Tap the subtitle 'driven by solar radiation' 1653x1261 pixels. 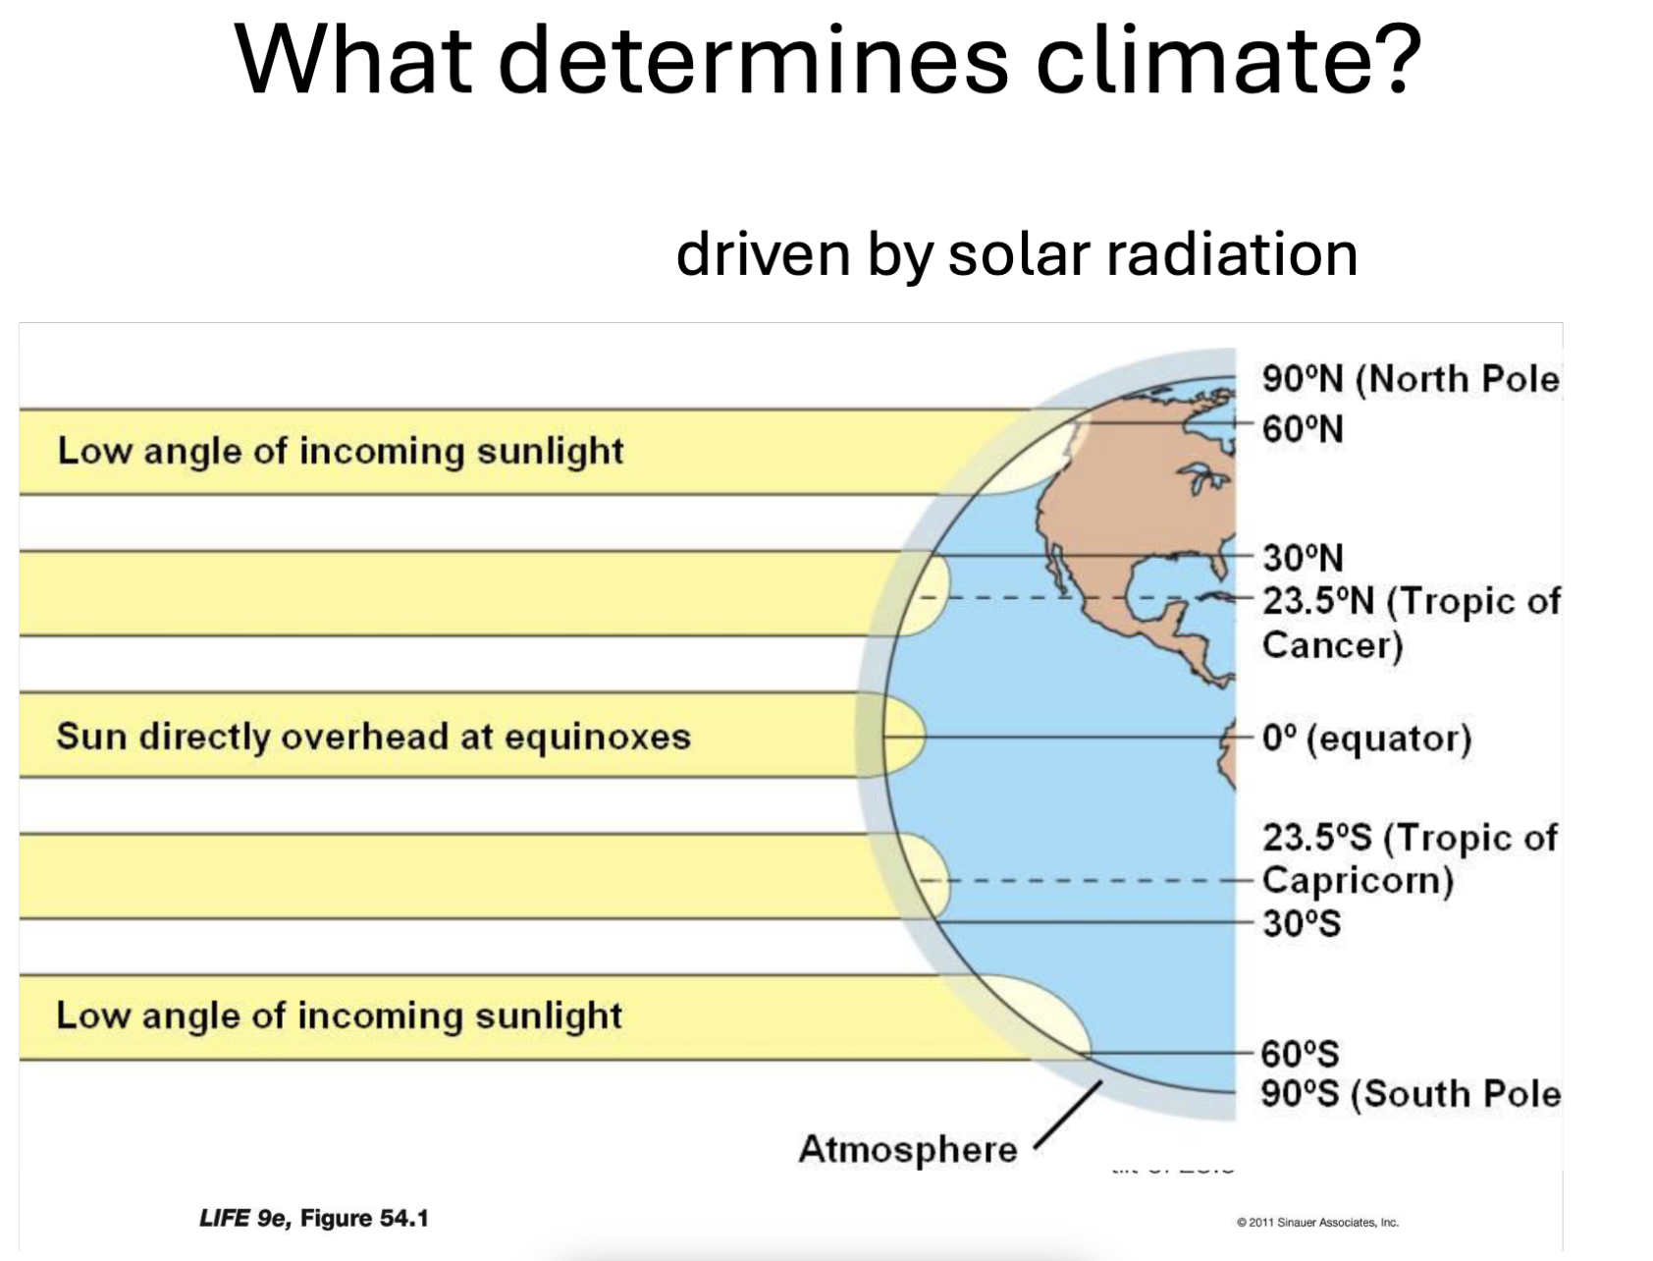pos(1016,253)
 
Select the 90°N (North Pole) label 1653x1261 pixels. pos(1410,379)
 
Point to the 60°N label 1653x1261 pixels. pos(1302,429)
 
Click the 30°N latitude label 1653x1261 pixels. pos(1302,558)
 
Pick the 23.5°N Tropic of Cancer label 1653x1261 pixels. pos(1410,622)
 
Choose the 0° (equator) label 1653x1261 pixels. pos(1366,738)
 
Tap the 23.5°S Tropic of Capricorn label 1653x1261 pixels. pos(1408,858)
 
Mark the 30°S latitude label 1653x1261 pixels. pos(1301,923)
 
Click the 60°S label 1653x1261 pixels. pos(1300,1054)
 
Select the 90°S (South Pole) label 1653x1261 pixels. pos(1410,1094)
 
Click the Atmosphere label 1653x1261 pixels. pos(907,1148)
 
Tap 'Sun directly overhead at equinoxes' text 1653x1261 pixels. pos(373,737)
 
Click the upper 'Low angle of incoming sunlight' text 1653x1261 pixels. pos(340,451)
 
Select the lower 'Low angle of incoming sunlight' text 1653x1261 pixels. pos(339,1015)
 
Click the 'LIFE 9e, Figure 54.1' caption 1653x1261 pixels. pos(314,1219)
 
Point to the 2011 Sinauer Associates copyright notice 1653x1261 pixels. pos(1317,1223)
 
